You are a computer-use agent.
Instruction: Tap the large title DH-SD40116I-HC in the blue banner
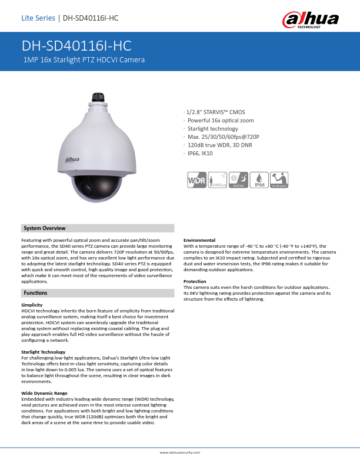[x=76, y=46]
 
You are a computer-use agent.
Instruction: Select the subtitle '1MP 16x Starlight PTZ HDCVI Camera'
[x=84, y=60]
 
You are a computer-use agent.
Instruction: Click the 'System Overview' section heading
[x=44, y=228]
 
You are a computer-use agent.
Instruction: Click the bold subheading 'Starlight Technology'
[x=43, y=352]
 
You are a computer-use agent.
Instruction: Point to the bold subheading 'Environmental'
[x=199, y=240]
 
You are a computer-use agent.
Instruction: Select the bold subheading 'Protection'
[x=195, y=281]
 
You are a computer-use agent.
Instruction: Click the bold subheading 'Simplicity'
[x=32, y=305]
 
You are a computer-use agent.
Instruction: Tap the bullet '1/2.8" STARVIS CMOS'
[x=215, y=111]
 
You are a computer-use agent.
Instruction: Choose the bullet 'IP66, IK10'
[x=199, y=154]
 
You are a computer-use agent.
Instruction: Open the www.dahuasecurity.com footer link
[x=180, y=452]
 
